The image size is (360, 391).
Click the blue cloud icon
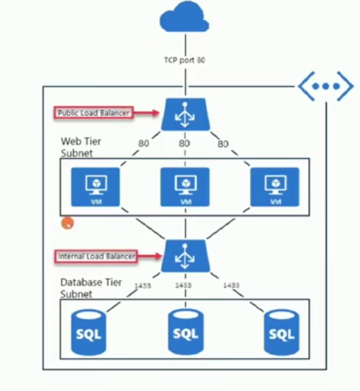[x=185, y=17]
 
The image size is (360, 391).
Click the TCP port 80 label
[x=185, y=60]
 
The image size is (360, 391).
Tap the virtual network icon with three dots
[x=326, y=86]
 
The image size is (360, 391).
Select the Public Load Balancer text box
[x=94, y=113]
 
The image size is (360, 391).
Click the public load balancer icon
[x=185, y=114]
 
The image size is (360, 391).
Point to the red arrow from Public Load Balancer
[x=146, y=113]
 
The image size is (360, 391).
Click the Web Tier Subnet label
[x=81, y=147]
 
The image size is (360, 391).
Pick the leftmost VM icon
[x=96, y=187]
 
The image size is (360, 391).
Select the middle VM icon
[x=185, y=187]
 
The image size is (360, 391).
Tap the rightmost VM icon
[x=275, y=187]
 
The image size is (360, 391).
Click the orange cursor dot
[x=68, y=223]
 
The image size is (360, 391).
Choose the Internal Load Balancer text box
[x=96, y=257]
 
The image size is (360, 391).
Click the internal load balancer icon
[x=185, y=256]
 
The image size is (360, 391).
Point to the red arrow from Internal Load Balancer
[x=149, y=256]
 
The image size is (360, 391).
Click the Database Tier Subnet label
[x=91, y=288]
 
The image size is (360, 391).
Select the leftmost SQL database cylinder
[x=88, y=333]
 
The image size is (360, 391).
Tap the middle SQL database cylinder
[x=186, y=332]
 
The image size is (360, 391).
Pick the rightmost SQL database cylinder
[x=281, y=333]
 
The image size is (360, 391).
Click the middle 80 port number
[x=185, y=144]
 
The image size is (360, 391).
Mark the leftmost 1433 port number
[x=143, y=286]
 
